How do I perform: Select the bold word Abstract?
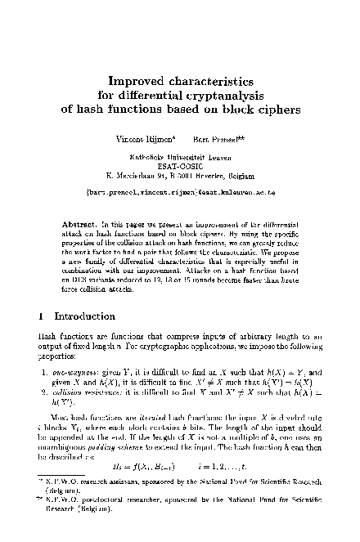point(79,222)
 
